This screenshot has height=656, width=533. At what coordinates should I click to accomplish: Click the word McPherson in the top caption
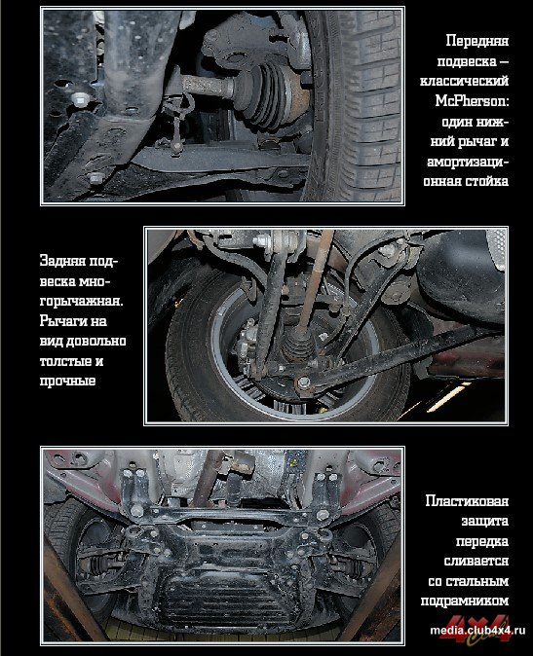point(472,101)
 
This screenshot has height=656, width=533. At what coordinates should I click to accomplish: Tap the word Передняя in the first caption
point(476,41)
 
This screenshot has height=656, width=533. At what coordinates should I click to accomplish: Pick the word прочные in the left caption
point(67,382)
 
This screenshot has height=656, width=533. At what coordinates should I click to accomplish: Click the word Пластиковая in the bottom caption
point(467,501)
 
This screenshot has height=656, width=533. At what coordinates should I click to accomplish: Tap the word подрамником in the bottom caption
point(465,601)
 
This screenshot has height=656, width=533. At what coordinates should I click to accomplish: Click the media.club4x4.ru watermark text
point(476,631)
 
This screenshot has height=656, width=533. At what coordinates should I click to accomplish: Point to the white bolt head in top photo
point(79,99)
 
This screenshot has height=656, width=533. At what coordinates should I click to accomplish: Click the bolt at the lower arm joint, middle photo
point(303,383)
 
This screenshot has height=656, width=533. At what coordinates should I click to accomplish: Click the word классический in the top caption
point(465,81)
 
